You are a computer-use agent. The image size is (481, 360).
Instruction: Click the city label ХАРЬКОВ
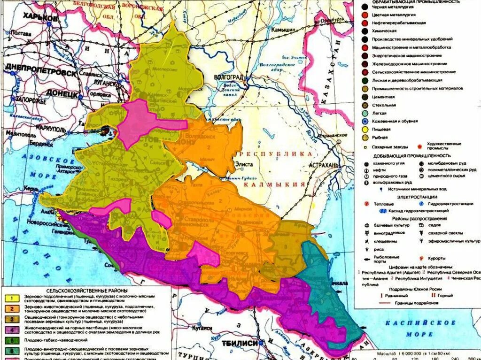pos(40,17)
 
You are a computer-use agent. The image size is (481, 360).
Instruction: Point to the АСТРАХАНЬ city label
pos(324,166)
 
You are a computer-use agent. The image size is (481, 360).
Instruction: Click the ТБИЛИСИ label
pos(241,343)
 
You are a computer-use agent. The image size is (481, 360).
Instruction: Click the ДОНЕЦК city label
pos(62,94)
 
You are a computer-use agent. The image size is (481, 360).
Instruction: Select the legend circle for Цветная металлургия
pos(365,15)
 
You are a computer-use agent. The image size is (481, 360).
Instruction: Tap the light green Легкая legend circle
pos(365,113)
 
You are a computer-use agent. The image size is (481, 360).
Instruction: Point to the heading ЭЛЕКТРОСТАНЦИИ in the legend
pos(416,197)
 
